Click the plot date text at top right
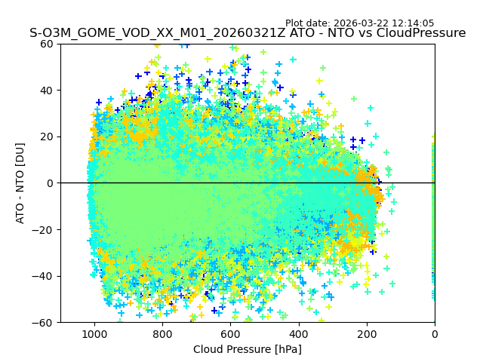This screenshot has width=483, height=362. pos(359,23)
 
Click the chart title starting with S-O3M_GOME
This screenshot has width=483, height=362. pos(248,33)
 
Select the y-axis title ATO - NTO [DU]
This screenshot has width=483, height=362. pos(20,183)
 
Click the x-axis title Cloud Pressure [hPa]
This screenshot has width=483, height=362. pos(248,349)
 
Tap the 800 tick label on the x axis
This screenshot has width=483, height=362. pos(162,333)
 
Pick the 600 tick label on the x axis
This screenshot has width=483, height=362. pos(230,333)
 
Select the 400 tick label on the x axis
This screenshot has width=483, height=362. pos(299,333)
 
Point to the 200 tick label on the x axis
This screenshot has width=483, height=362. pos(367,333)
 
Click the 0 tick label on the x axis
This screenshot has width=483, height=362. pos(435,333)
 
